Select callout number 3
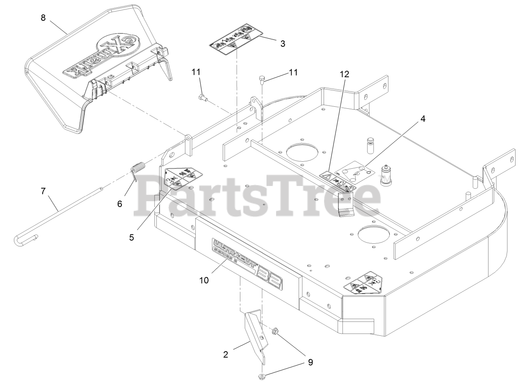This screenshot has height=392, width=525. (x=283, y=43)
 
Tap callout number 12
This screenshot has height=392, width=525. (x=344, y=74)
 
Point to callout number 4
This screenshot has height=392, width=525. (x=423, y=119)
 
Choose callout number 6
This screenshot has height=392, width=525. (x=120, y=204)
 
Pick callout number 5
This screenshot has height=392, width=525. (x=132, y=237)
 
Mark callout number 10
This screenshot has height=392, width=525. (x=204, y=280)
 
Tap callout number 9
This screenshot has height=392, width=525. (x=310, y=362)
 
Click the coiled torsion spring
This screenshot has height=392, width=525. (x=138, y=169)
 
